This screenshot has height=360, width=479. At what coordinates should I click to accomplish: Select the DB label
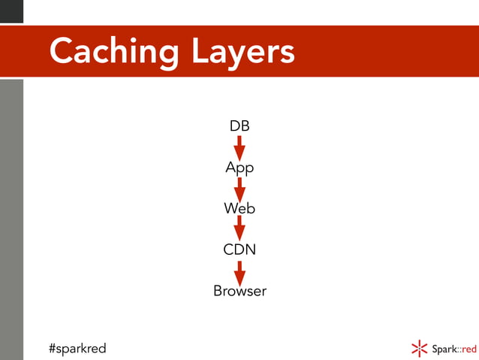239,126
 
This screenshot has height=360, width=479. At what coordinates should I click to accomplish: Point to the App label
239,168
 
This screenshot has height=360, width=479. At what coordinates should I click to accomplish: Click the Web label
239,208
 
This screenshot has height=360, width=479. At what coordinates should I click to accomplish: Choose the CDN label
239,249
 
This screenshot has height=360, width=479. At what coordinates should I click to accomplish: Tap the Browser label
239,290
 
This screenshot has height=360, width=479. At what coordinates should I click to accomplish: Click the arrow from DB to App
239,147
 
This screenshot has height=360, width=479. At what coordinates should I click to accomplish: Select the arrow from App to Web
239,189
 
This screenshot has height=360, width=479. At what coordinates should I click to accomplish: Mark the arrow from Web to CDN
239,228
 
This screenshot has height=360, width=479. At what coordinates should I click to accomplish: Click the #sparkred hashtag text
77,348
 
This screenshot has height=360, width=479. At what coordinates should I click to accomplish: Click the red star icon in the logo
419,348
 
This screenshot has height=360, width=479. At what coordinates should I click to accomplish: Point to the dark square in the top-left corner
11,11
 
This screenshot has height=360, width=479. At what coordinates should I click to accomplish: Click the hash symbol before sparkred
53,348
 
